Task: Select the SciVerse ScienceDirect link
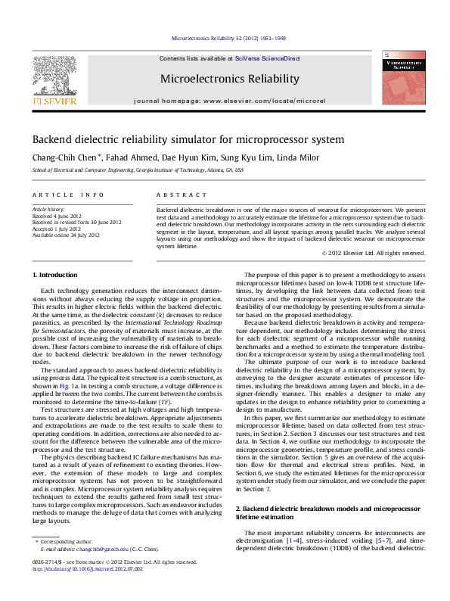tap(267, 58)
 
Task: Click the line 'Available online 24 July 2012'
tap(66, 235)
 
